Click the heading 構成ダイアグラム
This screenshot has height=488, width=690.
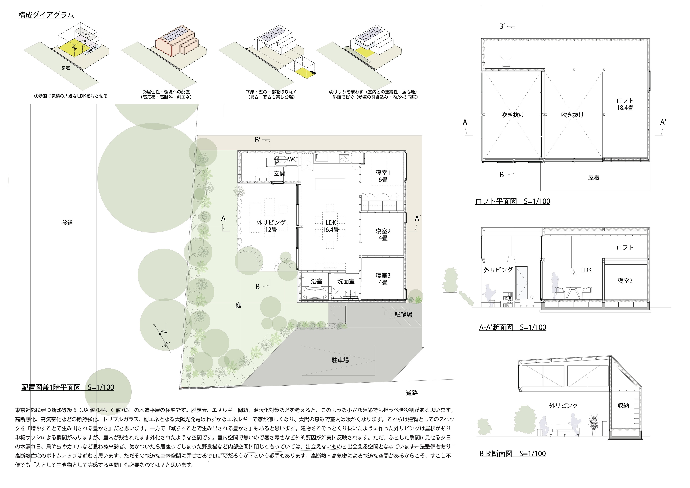46,15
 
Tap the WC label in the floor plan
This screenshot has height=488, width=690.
292,159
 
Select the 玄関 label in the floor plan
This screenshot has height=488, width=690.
279,173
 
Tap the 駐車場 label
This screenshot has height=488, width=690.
340,360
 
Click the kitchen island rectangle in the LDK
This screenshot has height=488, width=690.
330,184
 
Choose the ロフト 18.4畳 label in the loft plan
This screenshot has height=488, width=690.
625,104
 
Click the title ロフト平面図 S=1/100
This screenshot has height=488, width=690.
513,201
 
